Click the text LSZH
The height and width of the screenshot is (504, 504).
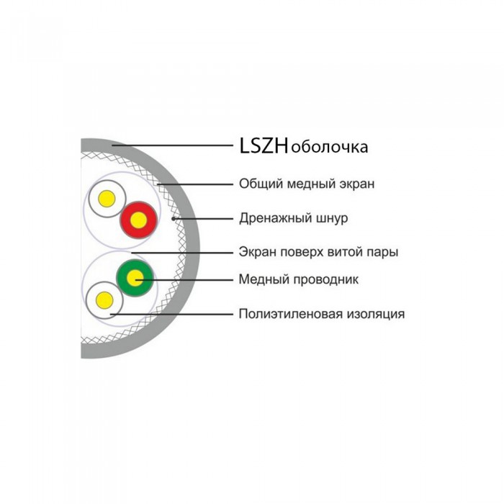tap(264, 145)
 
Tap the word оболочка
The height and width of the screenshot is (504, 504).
tap(329, 148)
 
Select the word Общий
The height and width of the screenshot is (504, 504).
tap(261, 184)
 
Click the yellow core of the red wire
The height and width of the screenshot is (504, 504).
tap(138, 220)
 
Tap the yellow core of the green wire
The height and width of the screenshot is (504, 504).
tap(135, 278)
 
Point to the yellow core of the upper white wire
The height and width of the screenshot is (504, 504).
tap(107, 198)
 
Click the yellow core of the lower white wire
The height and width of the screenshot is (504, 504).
tap(104, 300)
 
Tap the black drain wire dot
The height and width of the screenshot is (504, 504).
tap(174, 219)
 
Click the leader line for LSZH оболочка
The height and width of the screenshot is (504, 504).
tap(172, 145)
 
